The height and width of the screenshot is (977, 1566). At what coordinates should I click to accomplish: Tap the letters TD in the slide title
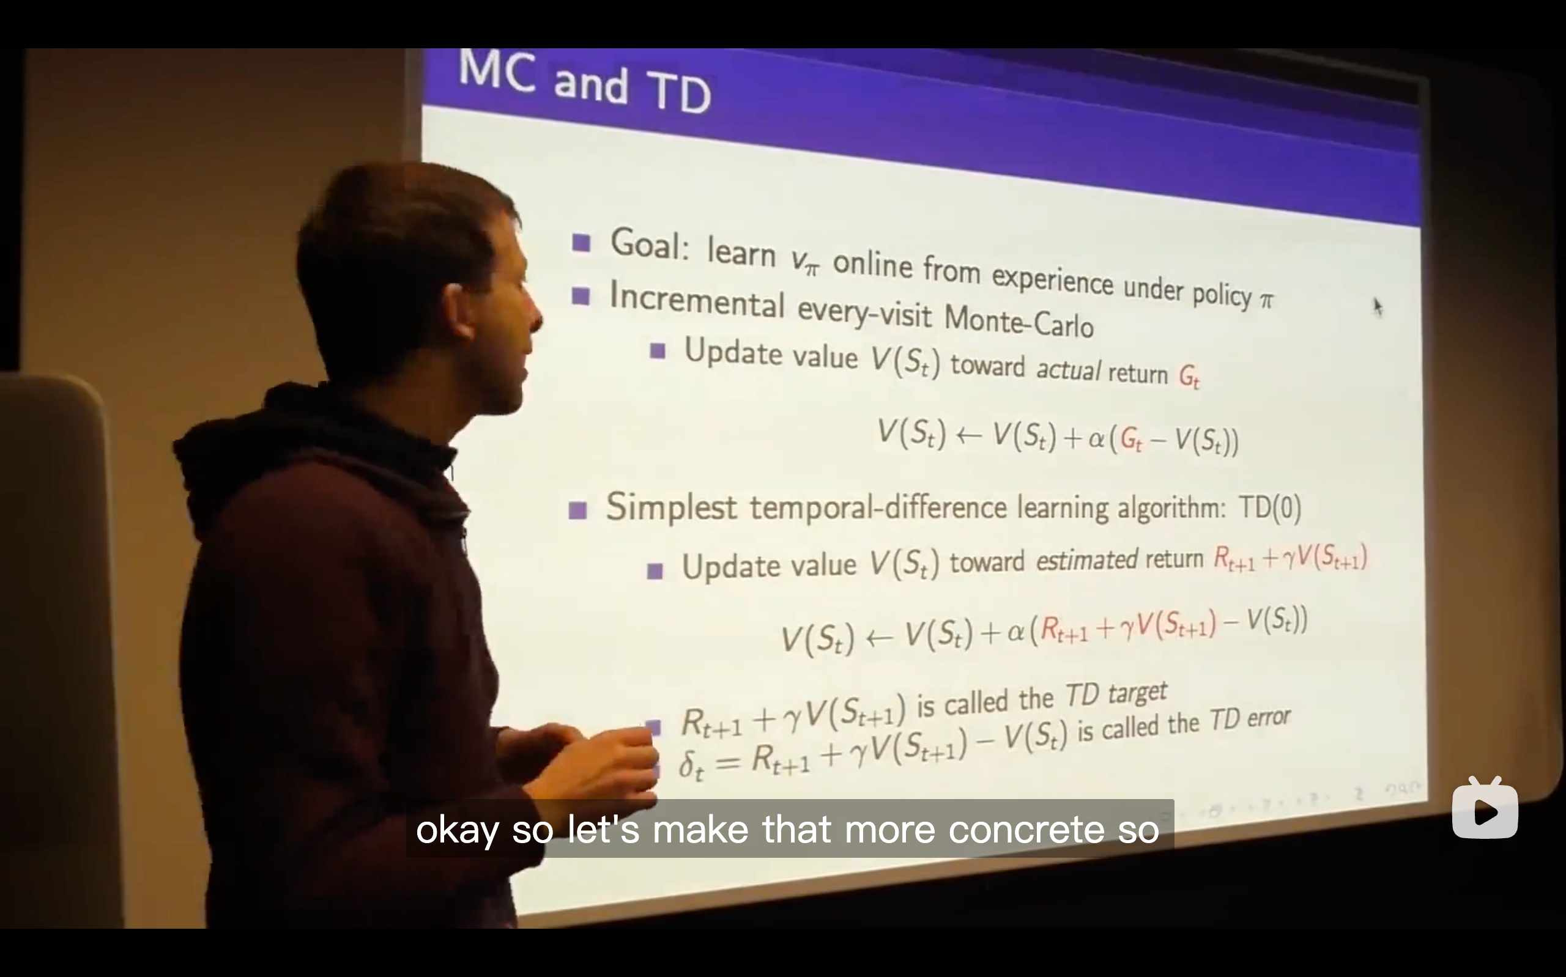(x=678, y=92)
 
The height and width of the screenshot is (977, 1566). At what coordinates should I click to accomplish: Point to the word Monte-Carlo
(x=1019, y=320)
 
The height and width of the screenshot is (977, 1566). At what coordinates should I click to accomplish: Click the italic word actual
(x=1067, y=370)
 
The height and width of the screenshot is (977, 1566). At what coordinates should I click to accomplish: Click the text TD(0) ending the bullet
(x=1269, y=508)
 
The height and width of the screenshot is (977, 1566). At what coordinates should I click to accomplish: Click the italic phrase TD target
(x=1116, y=695)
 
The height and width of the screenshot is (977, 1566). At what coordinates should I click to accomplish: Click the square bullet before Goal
(x=581, y=243)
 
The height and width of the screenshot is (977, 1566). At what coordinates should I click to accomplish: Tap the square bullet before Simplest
(x=577, y=511)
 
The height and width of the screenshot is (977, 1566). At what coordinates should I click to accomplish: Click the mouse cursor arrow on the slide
(x=1377, y=307)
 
